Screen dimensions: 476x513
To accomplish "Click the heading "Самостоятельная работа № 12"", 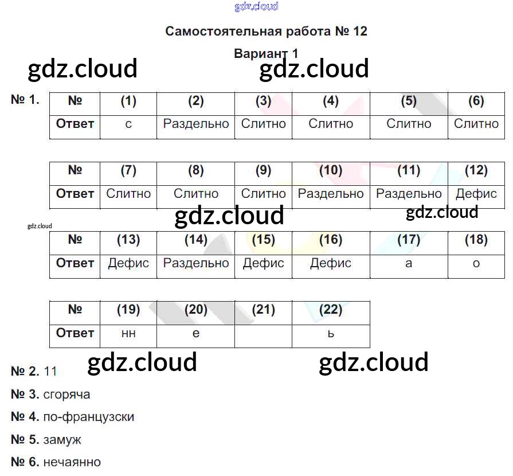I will (266, 31).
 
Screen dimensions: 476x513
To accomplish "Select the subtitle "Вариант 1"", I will (266, 53).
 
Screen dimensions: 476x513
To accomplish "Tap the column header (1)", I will (128, 102).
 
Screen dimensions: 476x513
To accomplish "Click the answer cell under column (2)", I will (195, 124).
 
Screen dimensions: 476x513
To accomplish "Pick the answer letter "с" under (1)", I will (128, 124).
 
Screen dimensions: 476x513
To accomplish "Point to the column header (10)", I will (331, 170).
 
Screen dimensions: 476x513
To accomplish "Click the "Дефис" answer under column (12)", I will (476, 194).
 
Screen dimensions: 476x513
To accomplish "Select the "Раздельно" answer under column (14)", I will (195, 263).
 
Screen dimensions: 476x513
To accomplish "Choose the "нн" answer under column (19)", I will (128, 334).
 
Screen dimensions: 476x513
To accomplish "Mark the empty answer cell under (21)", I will (263, 333).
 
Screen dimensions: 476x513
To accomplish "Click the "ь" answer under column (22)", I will (331, 333).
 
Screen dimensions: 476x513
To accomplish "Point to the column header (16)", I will (331, 240).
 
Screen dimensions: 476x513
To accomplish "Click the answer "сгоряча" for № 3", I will (66, 395).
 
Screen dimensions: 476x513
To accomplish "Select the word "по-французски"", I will (88, 417).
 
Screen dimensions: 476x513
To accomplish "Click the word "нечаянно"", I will (72, 462).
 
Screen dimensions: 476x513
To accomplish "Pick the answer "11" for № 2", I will (50, 372).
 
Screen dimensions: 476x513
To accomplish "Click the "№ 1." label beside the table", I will (25, 100).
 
